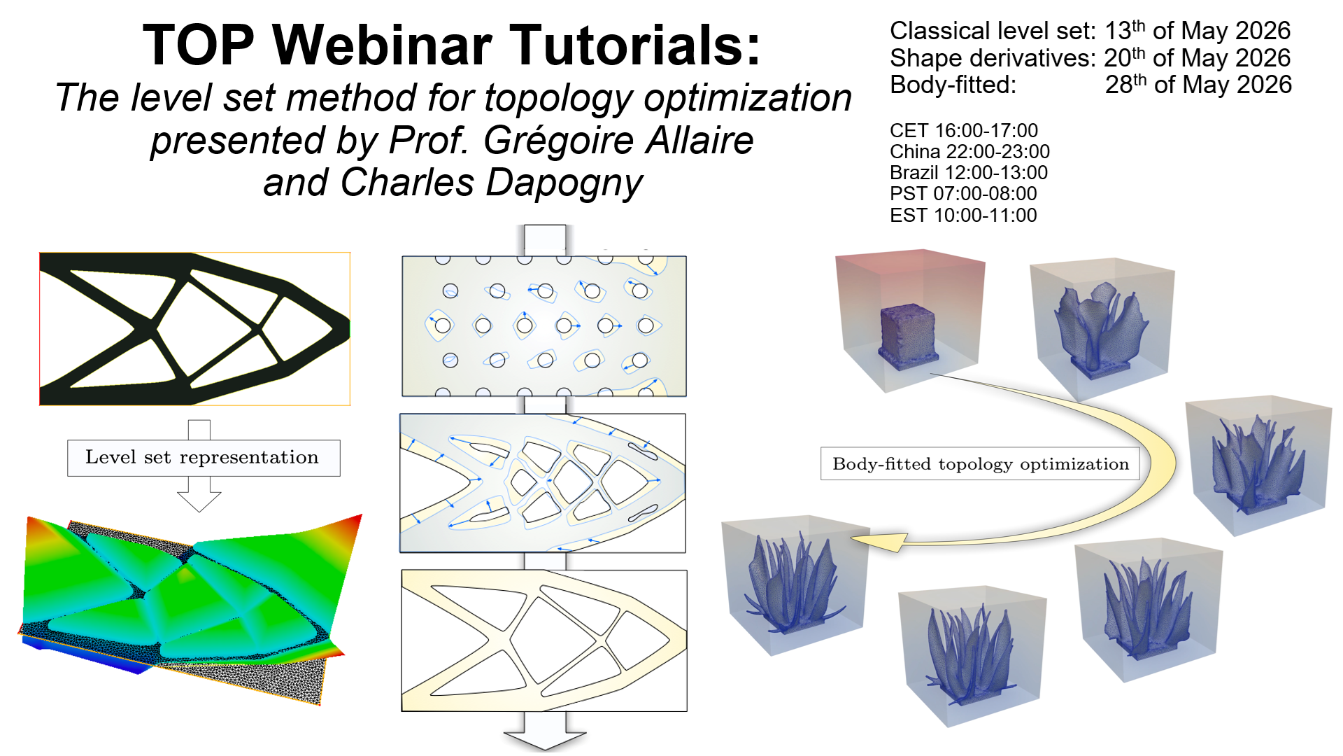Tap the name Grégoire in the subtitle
(559, 140)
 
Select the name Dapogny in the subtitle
(564, 183)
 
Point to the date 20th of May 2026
(1197, 58)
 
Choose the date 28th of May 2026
(1198, 85)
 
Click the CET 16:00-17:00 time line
(963, 131)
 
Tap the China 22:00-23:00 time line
(969, 152)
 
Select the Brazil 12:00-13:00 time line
(969, 173)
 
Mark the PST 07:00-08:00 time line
(963, 194)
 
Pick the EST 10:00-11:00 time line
(963, 216)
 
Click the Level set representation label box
(204, 458)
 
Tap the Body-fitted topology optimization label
(980, 463)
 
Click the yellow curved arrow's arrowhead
(878, 541)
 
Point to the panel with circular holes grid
(544, 326)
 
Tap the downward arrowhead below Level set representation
(199, 501)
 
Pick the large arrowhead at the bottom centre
(545, 741)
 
